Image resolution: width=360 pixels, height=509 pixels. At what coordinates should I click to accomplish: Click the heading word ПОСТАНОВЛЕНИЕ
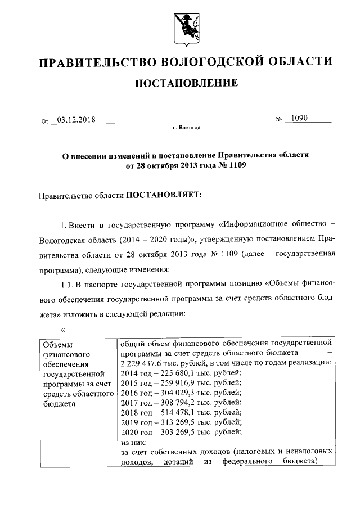point(186,84)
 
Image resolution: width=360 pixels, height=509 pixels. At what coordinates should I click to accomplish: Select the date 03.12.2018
point(76,120)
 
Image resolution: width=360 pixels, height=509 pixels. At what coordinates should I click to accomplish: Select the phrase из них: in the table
point(134,442)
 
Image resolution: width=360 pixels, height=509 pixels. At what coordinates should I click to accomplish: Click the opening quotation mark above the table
point(63,329)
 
